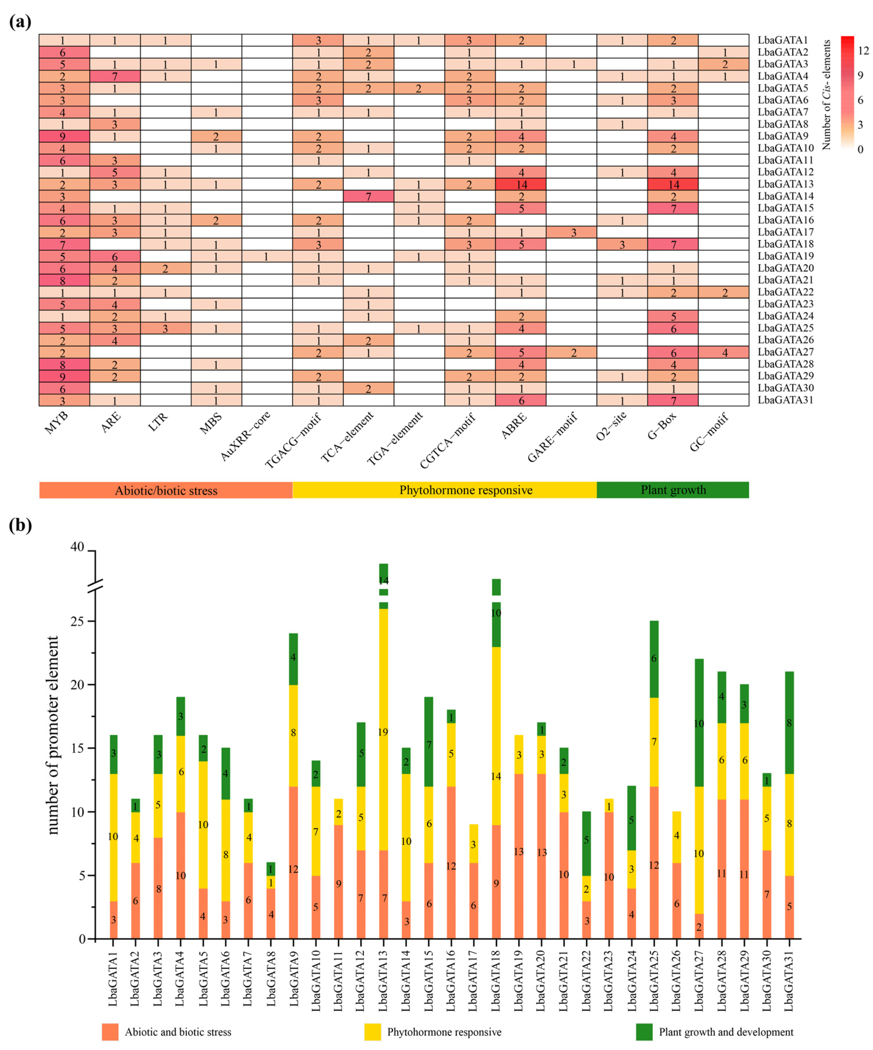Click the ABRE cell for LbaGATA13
click(521, 184)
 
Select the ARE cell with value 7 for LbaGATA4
click(115, 76)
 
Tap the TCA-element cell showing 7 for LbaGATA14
click(368, 196)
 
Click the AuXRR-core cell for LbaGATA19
click(266, 256)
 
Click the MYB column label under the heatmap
click(56, 423)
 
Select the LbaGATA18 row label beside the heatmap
click(785, 244)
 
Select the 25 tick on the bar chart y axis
click(78, 621)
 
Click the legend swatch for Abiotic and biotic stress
click(110, 1032)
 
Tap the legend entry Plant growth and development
click(725, 1032)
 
